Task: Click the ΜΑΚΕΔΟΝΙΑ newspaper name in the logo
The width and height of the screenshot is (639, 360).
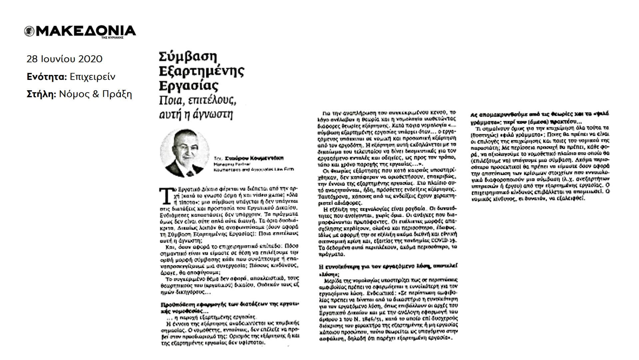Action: (85, 31)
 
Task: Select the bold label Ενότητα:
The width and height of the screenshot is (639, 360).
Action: (47, 77)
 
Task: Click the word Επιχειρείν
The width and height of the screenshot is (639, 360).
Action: (93, 77)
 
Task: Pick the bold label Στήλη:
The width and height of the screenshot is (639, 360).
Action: (41, 94)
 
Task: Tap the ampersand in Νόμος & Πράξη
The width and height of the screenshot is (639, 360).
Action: (96, 94)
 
